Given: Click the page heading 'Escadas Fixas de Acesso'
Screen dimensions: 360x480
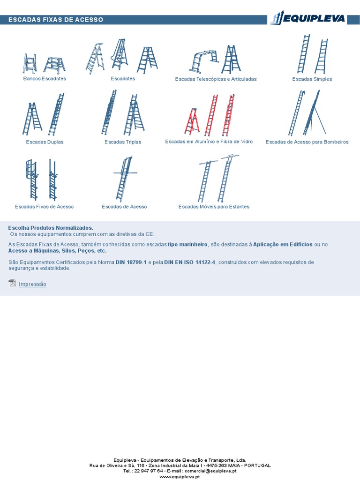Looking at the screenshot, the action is pos(56,20).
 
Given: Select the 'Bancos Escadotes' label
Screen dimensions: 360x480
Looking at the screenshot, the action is pos(45,78).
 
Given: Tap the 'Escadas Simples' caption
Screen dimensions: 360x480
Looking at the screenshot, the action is pos(312,79).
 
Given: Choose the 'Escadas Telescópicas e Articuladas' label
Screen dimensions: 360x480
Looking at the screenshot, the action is pos(216,79).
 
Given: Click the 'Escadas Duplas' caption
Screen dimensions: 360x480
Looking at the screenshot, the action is pos(45,142).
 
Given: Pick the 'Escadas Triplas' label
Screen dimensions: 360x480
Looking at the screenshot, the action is pos(123,142).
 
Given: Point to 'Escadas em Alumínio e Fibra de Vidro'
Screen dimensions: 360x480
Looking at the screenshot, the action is pos(209,142).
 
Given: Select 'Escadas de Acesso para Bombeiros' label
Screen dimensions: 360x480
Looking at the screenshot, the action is pos(307,142).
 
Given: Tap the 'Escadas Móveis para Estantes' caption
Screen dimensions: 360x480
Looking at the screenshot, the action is pos(214,207).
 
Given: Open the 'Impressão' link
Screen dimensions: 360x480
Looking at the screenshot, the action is pos(32,284).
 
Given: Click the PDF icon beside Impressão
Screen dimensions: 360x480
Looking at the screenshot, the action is pos(12,283).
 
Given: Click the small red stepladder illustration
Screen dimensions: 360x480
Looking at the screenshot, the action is pos(192,121).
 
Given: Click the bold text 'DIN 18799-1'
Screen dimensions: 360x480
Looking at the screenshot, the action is pos(131,262).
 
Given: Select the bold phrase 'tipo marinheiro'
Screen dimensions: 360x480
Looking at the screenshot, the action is pos(187,245).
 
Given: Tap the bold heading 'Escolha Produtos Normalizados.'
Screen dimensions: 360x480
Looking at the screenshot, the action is pos(51,228).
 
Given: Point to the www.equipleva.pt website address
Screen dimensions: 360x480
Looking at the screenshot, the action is pos(180,477).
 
